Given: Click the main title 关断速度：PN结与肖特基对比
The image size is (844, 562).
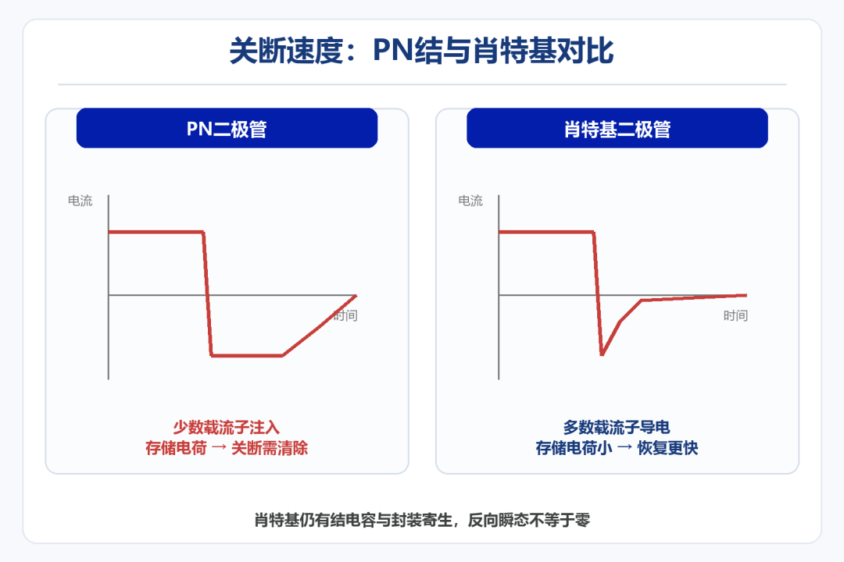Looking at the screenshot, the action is point(421,51).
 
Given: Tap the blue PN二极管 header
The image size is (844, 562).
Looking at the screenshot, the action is point(227,128).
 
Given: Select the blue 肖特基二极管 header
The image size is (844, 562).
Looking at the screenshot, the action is point(617,128).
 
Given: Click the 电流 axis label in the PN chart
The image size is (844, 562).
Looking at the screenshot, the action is point(80,201).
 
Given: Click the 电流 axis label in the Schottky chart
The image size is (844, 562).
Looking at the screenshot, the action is point(470,201).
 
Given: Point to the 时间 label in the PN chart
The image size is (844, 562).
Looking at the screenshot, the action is point(345,315).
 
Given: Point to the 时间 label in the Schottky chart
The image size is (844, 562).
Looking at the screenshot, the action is point(735,315).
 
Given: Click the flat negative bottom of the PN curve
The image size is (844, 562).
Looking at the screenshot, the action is point(246,355).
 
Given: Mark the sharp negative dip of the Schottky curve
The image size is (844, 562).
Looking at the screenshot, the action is point(602,354).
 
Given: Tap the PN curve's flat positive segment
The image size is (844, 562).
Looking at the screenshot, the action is point(156,232).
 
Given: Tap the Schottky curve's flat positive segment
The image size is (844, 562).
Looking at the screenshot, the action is point(546,232).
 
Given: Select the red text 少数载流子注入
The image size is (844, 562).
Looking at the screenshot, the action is point(227,428).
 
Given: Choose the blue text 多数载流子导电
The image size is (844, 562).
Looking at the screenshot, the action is point(617,428).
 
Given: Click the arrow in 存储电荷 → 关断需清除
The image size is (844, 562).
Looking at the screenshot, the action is point(219,448).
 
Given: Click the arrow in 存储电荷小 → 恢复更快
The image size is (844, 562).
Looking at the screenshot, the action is point(624,448).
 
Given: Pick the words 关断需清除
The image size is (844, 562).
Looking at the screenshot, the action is point(270,448).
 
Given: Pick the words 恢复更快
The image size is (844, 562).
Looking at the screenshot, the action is point(668,448).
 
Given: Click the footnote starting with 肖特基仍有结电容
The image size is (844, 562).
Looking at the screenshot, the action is point(422,520).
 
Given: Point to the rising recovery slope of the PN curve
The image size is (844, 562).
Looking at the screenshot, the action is point(320,325).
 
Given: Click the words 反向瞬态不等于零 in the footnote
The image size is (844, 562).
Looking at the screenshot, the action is point(529,520).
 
